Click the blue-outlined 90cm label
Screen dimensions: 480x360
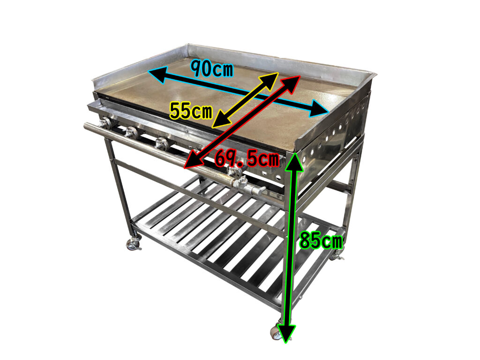tap(211, 69)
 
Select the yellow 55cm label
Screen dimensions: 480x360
tap(191, 111)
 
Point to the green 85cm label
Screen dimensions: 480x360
tap(321, 240)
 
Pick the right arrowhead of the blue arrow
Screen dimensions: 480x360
tap(319, 109)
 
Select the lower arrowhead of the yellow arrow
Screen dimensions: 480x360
tap(220, 120)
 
